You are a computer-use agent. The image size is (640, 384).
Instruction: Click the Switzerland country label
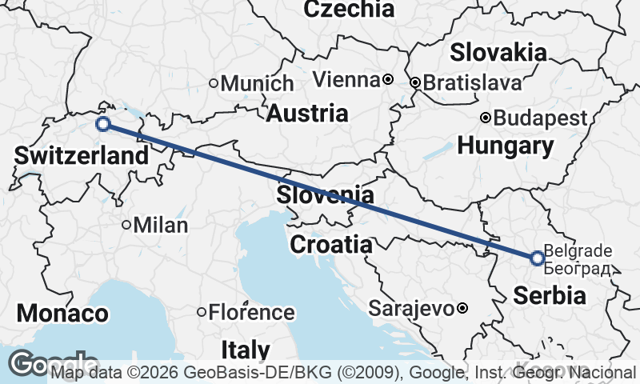(x=82, y=155)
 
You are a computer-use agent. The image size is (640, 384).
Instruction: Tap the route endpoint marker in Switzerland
(x=102, y=124)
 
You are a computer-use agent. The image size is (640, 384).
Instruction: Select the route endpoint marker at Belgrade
(x=537, y=258)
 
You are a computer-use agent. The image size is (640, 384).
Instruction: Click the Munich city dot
(x=214, y=83)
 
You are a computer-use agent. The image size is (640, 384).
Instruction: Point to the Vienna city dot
(x=387, y=79)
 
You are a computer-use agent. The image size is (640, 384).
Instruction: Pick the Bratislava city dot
(x=414, y=82)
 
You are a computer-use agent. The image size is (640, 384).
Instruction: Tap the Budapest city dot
(x=486, y=118)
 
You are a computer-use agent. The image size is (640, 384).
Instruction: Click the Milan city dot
(x=126, y=225)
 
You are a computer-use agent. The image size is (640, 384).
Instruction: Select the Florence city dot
(x=202, y=312)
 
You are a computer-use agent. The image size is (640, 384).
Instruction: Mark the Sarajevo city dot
(x=462, y=308)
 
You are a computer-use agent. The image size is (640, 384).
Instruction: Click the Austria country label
(x=307, y=114)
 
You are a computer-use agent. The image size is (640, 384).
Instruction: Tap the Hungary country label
(x=506, y=146)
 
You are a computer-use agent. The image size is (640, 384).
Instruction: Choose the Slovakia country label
(x=498, y=53)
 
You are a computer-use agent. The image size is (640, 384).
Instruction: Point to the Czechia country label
(x=350, y=10)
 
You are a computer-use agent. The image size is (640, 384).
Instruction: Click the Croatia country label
(x=330, y=245)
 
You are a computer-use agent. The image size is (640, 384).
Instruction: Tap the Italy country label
(x=246, y=350)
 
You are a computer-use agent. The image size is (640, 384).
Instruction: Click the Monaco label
(x=62, y=314)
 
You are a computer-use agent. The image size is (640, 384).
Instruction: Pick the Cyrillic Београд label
(x=577, y=268)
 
